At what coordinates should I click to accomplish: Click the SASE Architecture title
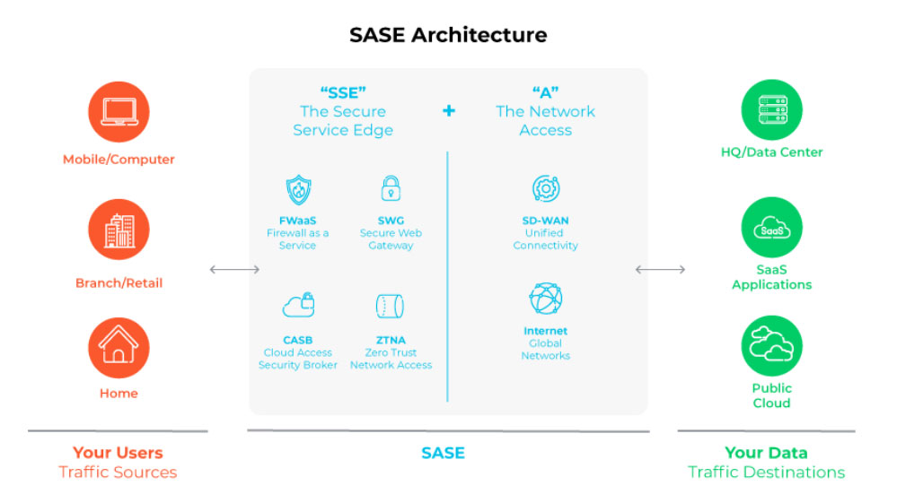pyautogui.click(x=448, y=35)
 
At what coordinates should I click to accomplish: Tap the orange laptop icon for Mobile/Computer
pyautogui.click(x=119, y=112)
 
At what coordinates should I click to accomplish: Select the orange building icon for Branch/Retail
pyautogui.click(x=119, y=230)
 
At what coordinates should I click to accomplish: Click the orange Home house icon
pyautogui.click(x=119, y=348)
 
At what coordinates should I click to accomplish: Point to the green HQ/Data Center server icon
pyautogui.click(x=771, y=109)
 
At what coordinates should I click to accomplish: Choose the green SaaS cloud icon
pyautogui.click(x=771, y=228)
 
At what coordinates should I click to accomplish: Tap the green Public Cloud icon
pyautogui.click(x=771, y=346)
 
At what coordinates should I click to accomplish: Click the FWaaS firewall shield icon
pyautogui.click(x=298, y=190)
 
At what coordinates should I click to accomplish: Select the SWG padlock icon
pyautogui.click(x=391, y=188)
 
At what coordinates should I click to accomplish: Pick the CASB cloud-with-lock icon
pyautogui.click(x=298, y=305)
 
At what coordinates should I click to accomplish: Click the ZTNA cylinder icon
pyautogui.click(x=391, y=306)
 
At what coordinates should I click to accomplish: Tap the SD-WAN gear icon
pyautogui.click(x=546, y=188)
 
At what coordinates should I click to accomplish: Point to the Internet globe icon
pyautogui.click(x=546, y=299)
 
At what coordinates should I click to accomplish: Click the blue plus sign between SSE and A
pyautogui.click(x=449, y=111)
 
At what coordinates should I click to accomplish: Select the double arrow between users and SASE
pyautogui.click(x=234, y=270)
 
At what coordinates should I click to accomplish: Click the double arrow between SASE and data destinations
pyautogui.click(x=660, y=270)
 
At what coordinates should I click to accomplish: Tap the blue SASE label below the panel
pyautogui.click(x=443, y=454)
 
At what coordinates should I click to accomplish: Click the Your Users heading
pyautogui.click(x=118, y=453)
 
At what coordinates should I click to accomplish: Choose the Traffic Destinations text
pyautogui.click(x=767, y=473)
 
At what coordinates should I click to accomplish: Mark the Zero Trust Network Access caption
pyautogui.click(x=391, y=359)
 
